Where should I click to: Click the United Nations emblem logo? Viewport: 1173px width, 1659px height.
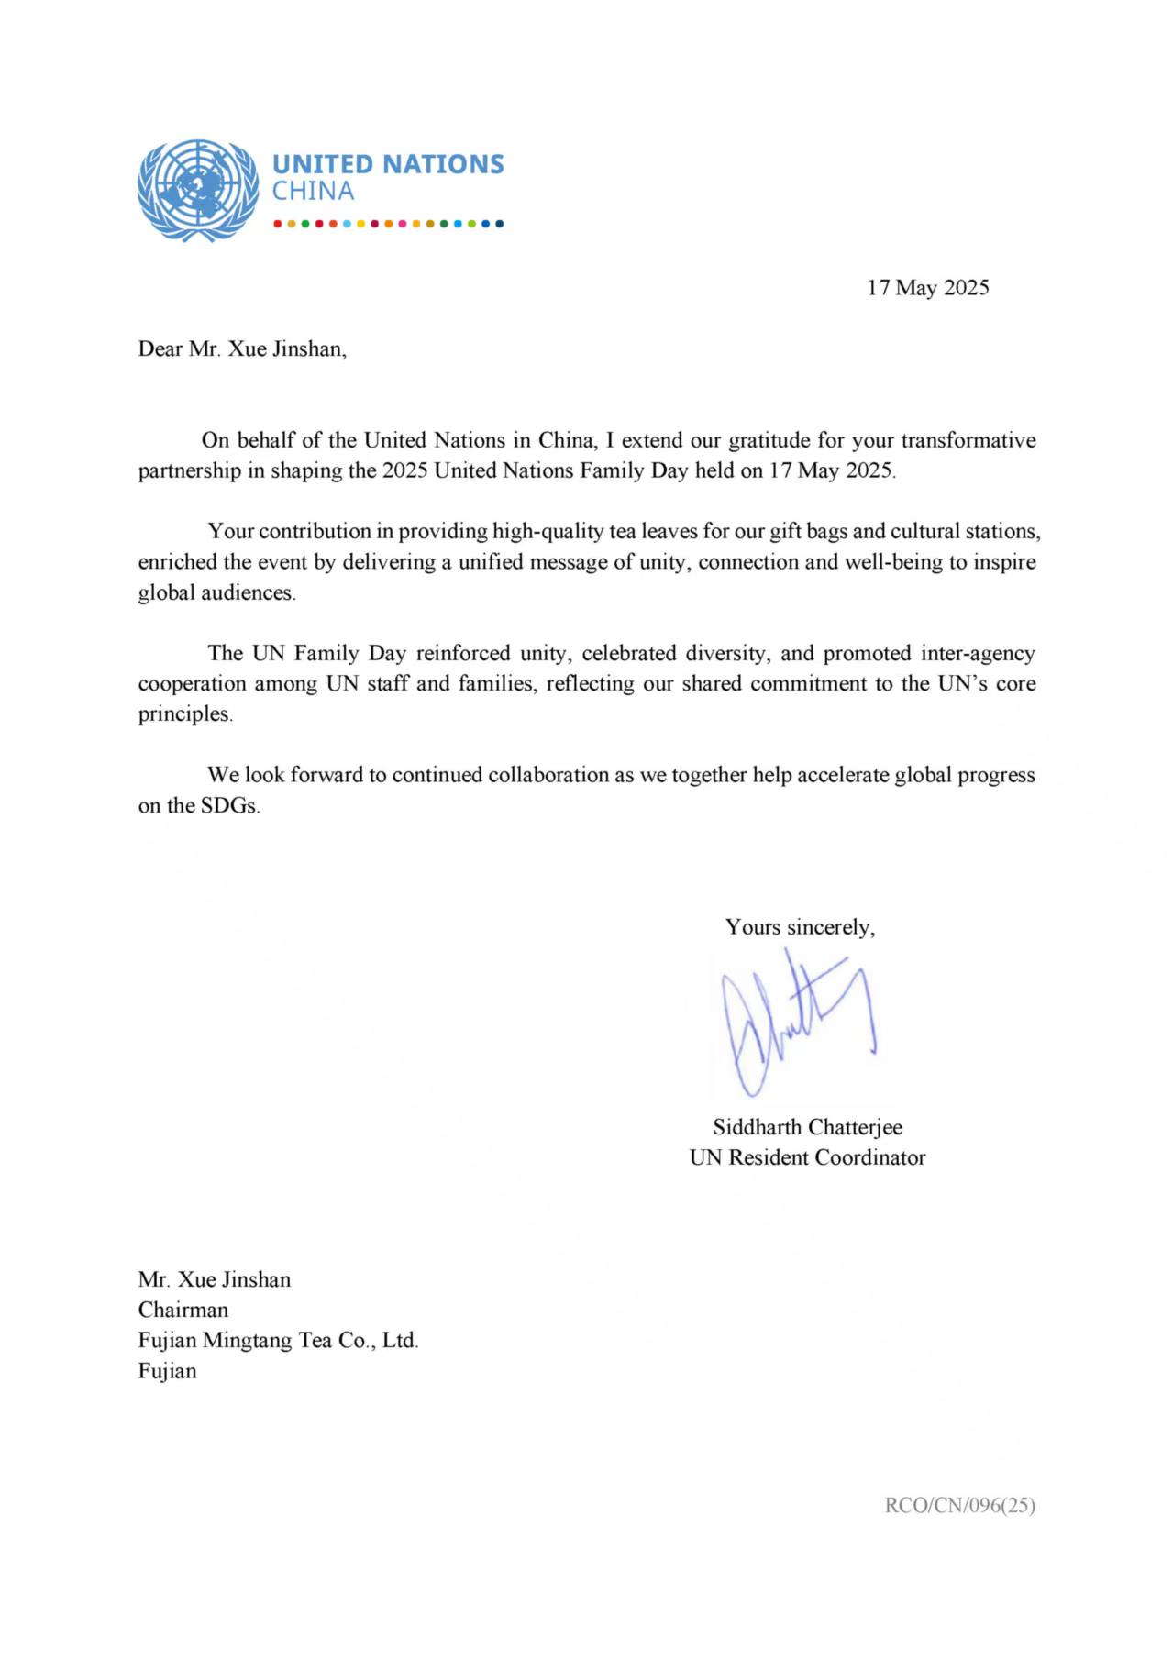(197, 191)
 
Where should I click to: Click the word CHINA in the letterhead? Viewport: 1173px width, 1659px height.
(313, 192)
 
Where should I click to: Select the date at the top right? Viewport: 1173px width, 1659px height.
(927, 288)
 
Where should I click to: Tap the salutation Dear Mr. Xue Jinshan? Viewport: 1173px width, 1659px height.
(242, 349)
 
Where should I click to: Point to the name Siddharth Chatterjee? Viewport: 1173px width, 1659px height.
(807, 1127)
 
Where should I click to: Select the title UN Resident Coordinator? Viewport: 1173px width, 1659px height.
(807, 1157)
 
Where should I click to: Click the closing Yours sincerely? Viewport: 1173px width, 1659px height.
(800, 927)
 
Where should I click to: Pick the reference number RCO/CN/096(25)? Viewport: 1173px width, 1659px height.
(959, 1505)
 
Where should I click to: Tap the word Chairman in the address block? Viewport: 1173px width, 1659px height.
(183, 1310)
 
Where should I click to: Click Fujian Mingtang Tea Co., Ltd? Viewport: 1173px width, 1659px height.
(278, 1340)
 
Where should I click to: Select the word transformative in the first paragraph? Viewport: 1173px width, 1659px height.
(968, 440)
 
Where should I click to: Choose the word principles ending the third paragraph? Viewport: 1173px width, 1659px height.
(184, 714)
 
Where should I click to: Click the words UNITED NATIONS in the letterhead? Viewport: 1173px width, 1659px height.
(388, 164)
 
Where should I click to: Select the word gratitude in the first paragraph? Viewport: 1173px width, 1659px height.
(769, 440)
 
